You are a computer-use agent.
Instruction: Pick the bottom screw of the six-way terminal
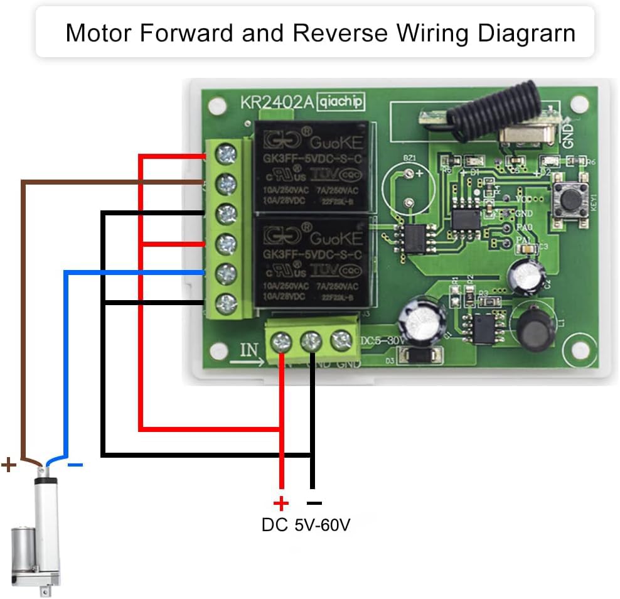point(225,304)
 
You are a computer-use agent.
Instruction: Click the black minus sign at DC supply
point(314,503)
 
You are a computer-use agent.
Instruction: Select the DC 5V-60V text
point(306,525)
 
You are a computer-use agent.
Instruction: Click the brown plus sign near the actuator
point(9,465)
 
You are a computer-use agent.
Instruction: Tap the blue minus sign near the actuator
point(75,465)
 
